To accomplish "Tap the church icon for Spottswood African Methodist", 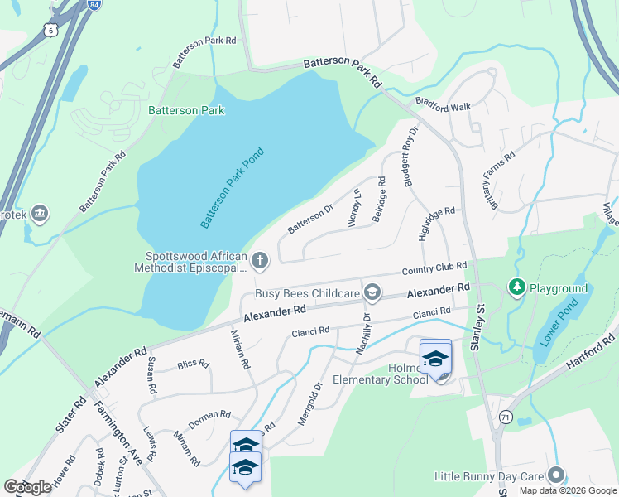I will point(260,262).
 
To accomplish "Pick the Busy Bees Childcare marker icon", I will point(372,292).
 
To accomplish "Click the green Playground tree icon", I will point(517,288).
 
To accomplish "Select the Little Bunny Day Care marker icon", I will point(556,475).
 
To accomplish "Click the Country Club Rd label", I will point(434,269).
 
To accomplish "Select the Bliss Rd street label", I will point(192,364).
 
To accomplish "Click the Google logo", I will point(28,487).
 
